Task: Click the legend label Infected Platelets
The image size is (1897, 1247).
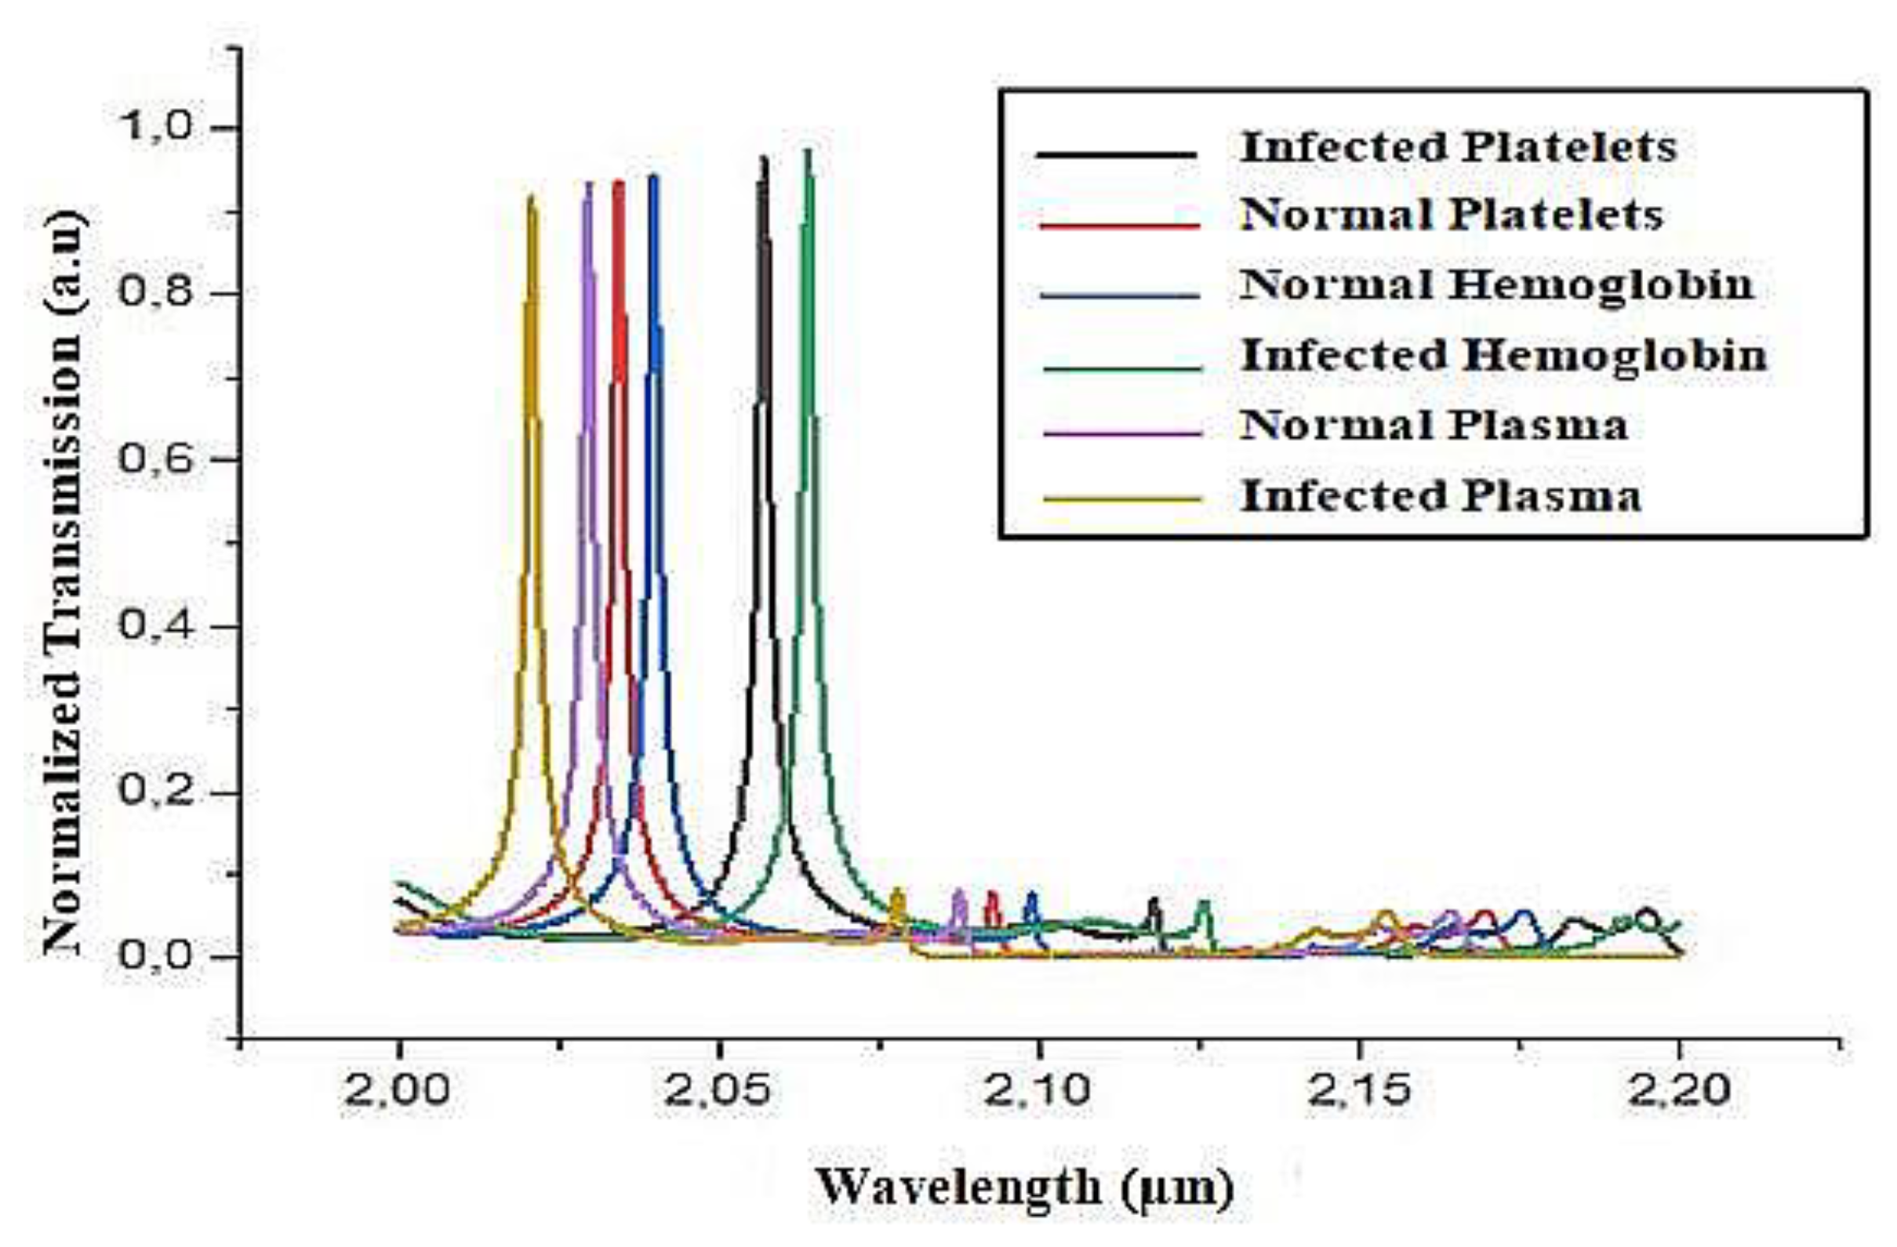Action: [x=1458, y=147]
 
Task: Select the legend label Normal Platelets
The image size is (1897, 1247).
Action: [x=1451, y=215]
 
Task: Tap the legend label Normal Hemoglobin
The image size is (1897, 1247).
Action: [x=1496, y=285]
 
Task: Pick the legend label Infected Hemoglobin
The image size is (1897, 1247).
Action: [x=1503, y=355]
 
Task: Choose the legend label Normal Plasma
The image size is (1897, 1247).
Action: [x=1433, y=426]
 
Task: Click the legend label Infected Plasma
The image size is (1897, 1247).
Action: [x=1441, y=495]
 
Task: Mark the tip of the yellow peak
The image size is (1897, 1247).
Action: [x=532, y=197]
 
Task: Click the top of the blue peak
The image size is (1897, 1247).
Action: [x=653, y=177]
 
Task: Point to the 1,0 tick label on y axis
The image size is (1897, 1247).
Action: [x=155, y=128]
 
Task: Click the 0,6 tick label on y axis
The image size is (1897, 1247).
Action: [x=155, y=460]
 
